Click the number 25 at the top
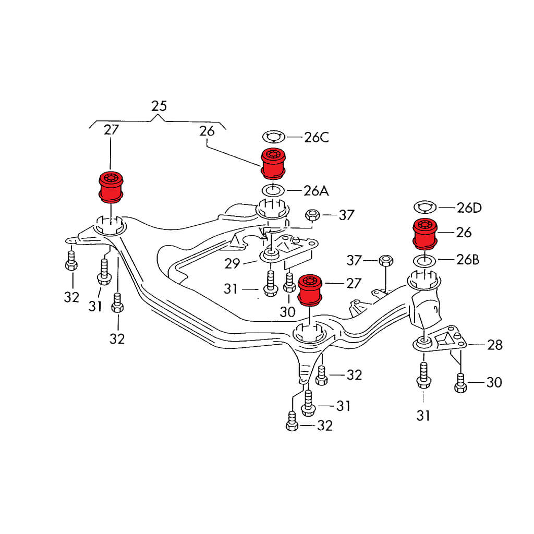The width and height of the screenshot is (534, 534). [159, 106]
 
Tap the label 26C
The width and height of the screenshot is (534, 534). [317, 138]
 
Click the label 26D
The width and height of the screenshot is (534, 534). [469, 208]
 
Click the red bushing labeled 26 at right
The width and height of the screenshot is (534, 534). [424, 234]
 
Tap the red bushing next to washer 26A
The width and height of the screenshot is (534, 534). [273, 163]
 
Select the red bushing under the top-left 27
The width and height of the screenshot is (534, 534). [111, 186]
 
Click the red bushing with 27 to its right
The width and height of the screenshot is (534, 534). [311, 288]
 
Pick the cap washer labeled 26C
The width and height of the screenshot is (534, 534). [273, 137]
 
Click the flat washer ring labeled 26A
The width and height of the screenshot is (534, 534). [273, 190]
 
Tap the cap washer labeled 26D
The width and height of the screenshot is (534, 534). [425, 208]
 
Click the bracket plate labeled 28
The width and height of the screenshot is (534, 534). [446, 342]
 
